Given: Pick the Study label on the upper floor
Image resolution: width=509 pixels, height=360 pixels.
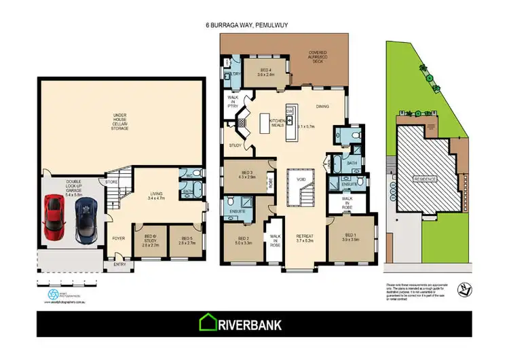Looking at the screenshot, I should point(235,145).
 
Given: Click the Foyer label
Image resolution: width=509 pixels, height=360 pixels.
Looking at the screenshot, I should point(119,238).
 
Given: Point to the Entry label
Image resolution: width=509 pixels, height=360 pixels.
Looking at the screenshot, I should point(119,264).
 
